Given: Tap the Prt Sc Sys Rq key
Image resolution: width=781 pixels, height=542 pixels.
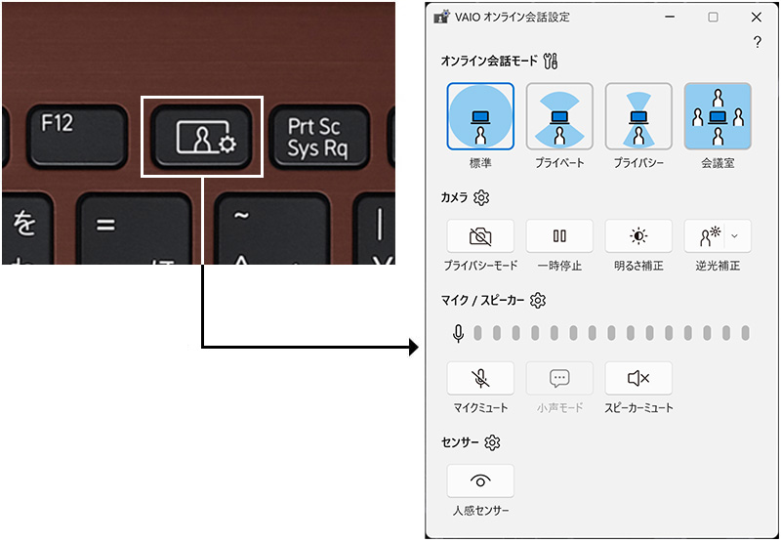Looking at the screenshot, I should pyautogui.click(x=314, y=137).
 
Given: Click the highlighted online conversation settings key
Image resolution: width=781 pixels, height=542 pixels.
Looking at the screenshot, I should pyautogui.click(x=202, y=137).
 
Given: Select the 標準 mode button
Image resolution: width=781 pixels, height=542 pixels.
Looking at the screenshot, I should pyautogui.click(x=480, y=116).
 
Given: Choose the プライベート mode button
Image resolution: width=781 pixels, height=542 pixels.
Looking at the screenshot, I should pyautogui.click(x=559, y=116).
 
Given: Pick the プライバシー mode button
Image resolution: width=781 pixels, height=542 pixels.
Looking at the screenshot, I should pyautogui.click(x=638, y=116).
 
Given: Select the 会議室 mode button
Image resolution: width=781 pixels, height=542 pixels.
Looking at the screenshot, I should pyautogui.click(x=718, y=116).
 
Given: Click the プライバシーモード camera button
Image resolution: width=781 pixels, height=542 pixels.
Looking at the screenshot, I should pyautogui.click(x=480, y=236).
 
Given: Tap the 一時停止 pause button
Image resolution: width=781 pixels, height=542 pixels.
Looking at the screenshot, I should pyautogui.click(x=559, y=236).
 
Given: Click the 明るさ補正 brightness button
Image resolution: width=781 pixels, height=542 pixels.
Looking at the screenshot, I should pyautogui.click(x=638, y=236).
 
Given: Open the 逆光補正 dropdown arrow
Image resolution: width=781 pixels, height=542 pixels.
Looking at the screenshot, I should pyautogui.click(x=735, y=236).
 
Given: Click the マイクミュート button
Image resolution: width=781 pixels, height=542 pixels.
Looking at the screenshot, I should pyautogui.click(x=480, y=378).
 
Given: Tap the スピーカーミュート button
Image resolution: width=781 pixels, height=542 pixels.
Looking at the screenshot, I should pyautogui.click(x=638, y=378).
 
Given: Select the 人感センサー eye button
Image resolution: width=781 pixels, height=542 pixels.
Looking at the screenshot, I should pyautogui.click(x=480, y=480).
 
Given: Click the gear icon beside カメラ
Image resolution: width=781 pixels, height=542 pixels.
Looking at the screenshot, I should pyautogui.click(x=481, y=198).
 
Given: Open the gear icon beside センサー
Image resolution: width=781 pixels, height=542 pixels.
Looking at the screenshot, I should pyautogui.click(x=492, y=443).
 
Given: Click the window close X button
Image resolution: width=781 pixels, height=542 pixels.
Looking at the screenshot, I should pyautogui.click(x=757, y=18).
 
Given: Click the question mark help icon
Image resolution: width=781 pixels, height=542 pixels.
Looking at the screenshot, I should pyautogui.click(x=758, y=42).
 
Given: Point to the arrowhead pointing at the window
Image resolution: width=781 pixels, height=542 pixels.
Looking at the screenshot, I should pyautogui.click(x=414, y=347).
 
